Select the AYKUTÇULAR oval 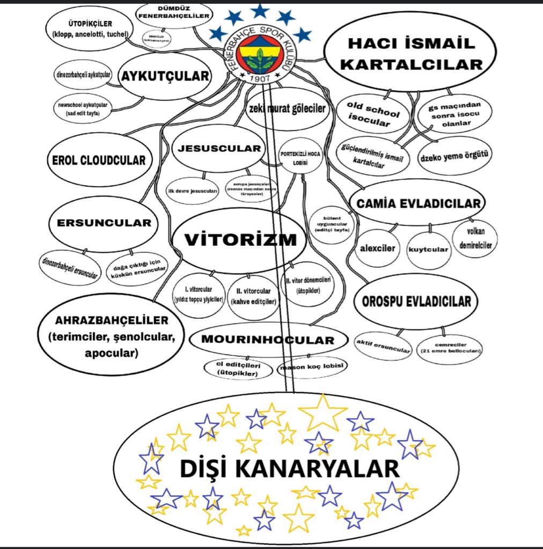point(164,77)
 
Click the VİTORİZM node point(239,240)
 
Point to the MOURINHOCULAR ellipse point(267,340)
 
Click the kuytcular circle point(428,250)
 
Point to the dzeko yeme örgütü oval point(456,156)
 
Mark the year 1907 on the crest point(260,78)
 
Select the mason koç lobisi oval point(312,368)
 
